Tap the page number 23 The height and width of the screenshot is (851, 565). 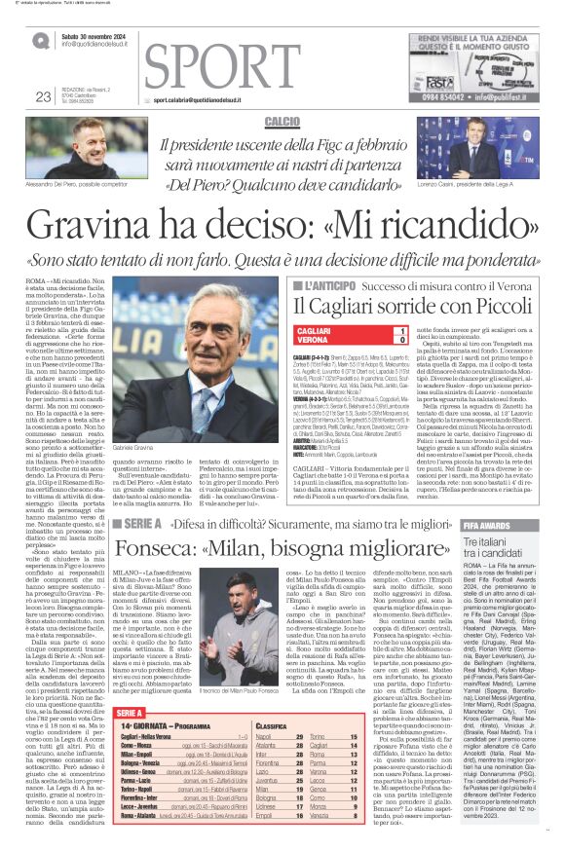43,96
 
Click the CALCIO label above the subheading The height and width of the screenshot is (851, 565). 282,121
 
